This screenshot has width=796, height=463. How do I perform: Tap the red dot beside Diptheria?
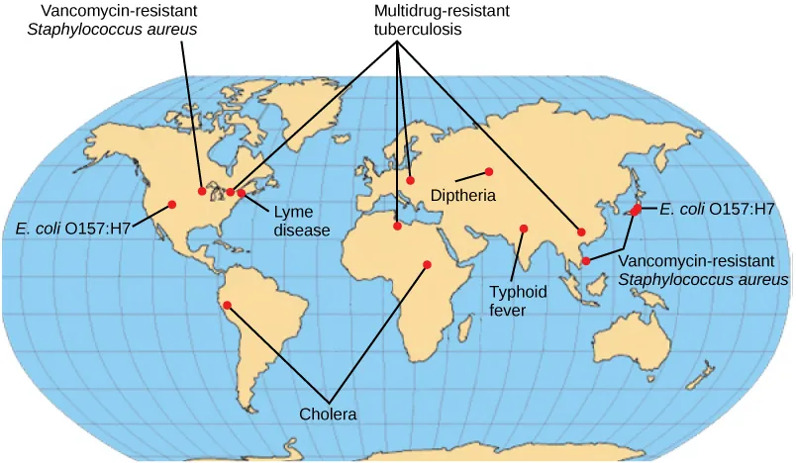point(488,171)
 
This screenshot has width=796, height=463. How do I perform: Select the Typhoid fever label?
point(512,301)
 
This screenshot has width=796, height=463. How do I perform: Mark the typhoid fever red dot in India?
point(524,230)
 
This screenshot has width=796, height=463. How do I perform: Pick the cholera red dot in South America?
point(227,305)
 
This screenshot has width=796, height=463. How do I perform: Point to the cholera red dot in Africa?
point(427,264)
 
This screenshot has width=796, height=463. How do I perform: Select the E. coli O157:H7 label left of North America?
point(72,229)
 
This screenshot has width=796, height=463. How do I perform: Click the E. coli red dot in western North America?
point(172,205)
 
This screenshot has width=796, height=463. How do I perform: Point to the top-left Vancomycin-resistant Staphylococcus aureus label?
point(119,19)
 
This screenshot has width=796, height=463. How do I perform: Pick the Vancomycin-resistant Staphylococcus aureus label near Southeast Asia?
point(703,271)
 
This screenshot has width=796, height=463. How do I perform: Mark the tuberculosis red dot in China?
point(582,231)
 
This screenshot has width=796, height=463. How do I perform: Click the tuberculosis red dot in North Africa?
point(397,227)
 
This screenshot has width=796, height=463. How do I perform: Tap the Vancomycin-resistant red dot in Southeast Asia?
point(586,260)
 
